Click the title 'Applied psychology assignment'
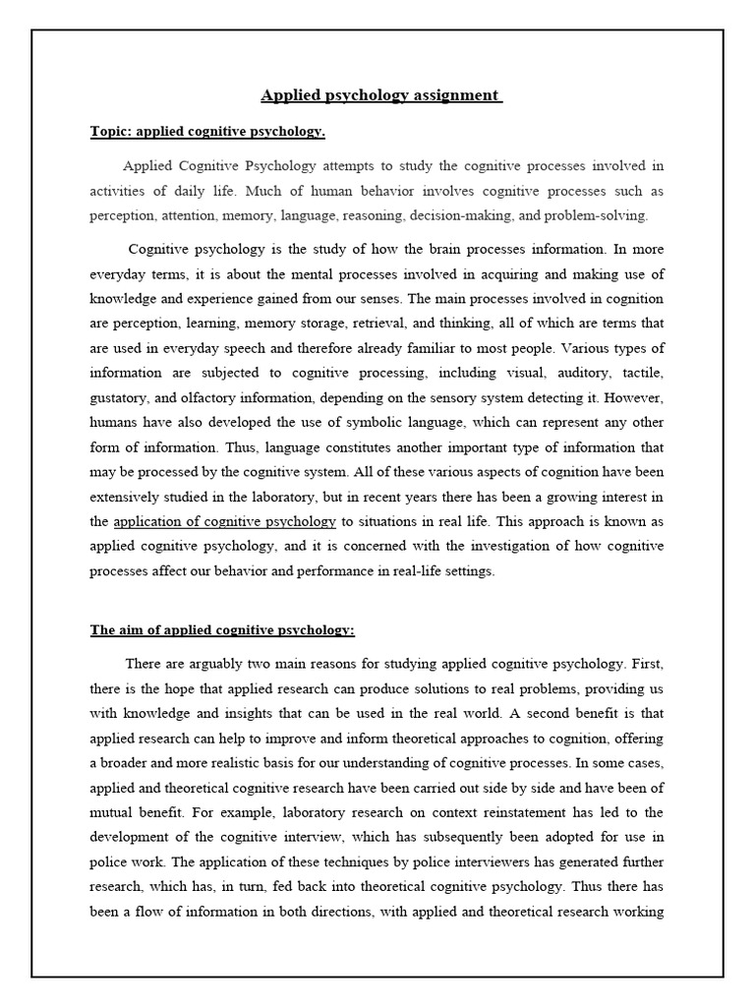(380, 96)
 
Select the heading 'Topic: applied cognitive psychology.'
(207, 131)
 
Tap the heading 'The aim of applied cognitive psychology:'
(222, 630)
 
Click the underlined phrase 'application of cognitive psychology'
(225, 520)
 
